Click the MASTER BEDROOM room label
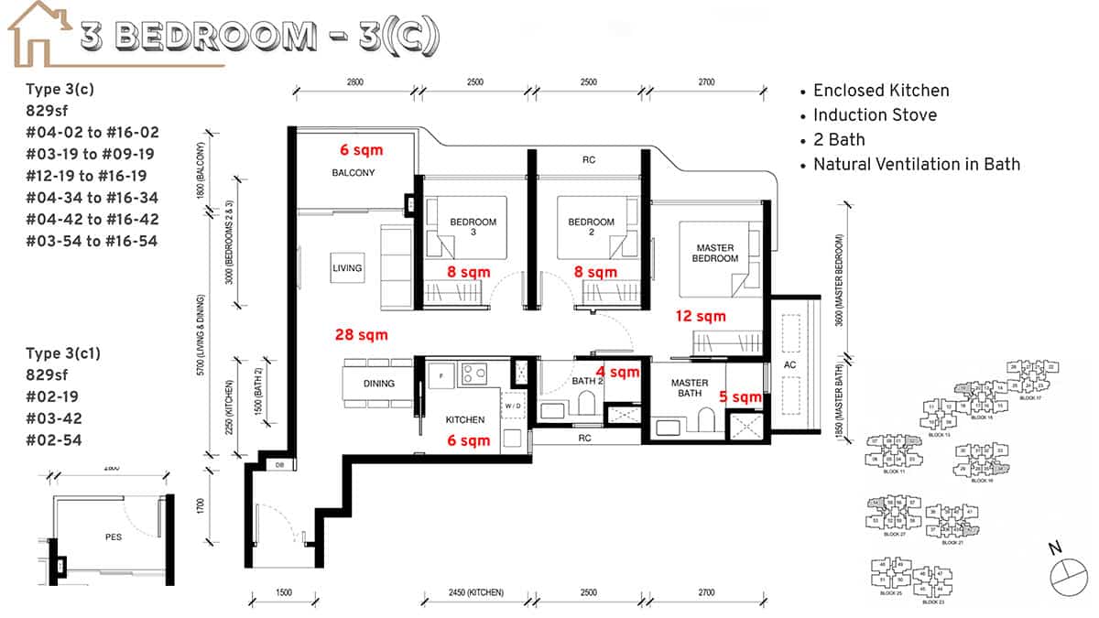tap(716, 253)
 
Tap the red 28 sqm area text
tap(362, 335)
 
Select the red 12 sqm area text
tap(701, 317)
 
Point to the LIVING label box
tap(348, 268)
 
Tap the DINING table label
tap(379, 384)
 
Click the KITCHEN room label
tap(464, 419)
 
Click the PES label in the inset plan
tap(113, 537)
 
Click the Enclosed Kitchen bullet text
tap(880, 91)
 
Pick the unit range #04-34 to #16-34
tap(92, 198)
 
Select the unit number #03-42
tap(54, 418)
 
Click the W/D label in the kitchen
tap(512, 405)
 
